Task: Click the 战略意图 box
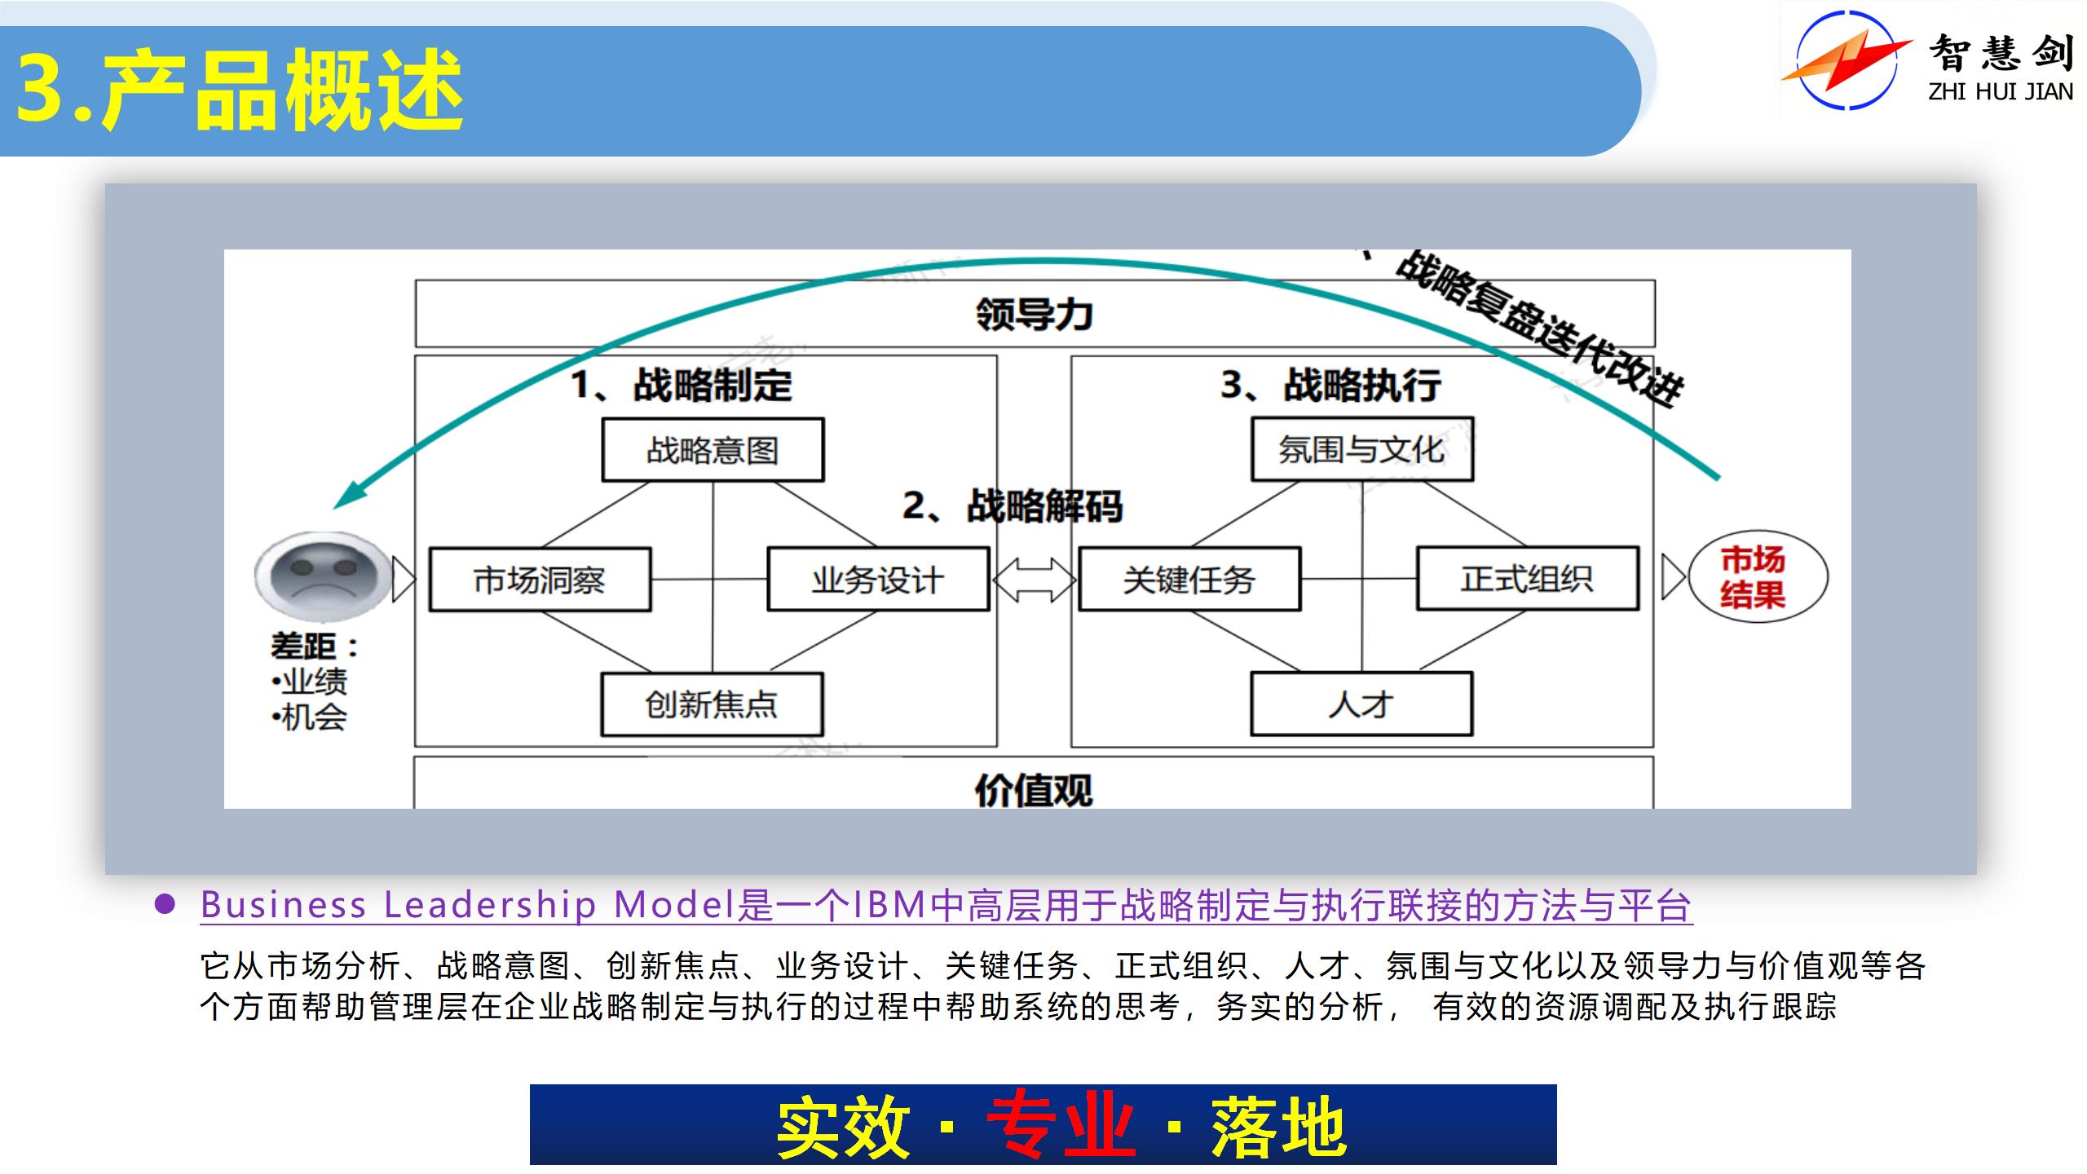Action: tap(713, 450)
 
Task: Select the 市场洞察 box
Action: tap(540, 580)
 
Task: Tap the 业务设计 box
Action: tap(878, 580)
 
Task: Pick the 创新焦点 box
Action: tap(712, 704)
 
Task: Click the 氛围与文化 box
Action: tap(1361, 449)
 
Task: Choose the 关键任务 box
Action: tap(1189, 580)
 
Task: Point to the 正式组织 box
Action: tap(1527, 579)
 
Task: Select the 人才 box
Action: tap(1361, 704)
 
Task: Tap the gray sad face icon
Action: tap(324, 576)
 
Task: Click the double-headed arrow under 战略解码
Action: tap(1034, 580)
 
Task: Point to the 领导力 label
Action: tap(1034, 314)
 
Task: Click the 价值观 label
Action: tap(1033, 789)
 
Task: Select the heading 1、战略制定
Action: tap(682, 385)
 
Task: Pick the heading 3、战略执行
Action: tap(1330, 385)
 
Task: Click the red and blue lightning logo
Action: tap(1847, 61)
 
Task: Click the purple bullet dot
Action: tap(165, 904)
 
